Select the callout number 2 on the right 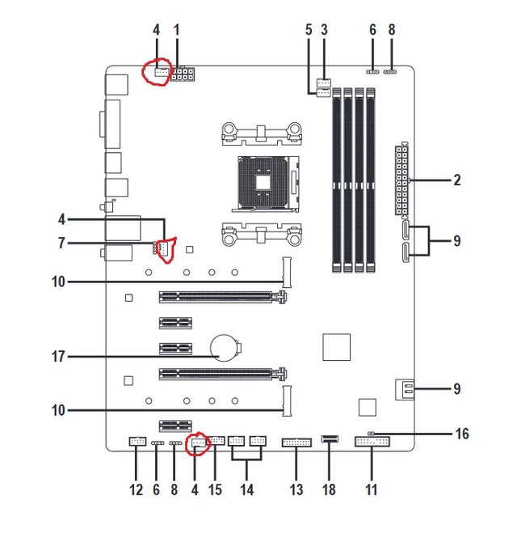[x=457, y=180]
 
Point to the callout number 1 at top [x=176, y=30]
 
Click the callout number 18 [x=330, y=489]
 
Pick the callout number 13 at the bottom [x=296, y=489]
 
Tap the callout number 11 [x=372, y=489]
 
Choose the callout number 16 [x=461, y=434]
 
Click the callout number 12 [x=136, y=489]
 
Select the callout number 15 [x=214, y=489]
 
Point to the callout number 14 [x=246, y=489]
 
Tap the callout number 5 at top [x=308, y=30]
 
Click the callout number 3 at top [x=325, y=30]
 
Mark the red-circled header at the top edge [x=158, y=72]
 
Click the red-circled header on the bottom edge [x=197, y=443]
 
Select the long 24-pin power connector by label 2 [x=402, y=180]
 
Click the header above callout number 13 [x=296, y=443]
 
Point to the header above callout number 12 [x=137, y=443]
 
